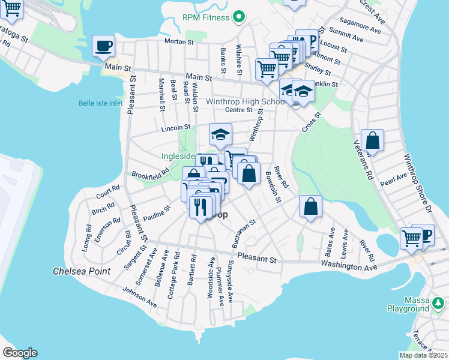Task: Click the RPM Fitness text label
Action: point(206,17)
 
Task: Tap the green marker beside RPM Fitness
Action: point(238,17)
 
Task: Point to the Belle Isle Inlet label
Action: point(100,103)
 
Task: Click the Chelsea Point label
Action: point(81,271)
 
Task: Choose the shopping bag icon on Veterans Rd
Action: point(372,141)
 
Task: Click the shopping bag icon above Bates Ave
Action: point(310,207)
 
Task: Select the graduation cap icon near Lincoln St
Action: point(220,134)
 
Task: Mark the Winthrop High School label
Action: point(246,101)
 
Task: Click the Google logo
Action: point(20,353)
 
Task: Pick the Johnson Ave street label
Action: point(140,297)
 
